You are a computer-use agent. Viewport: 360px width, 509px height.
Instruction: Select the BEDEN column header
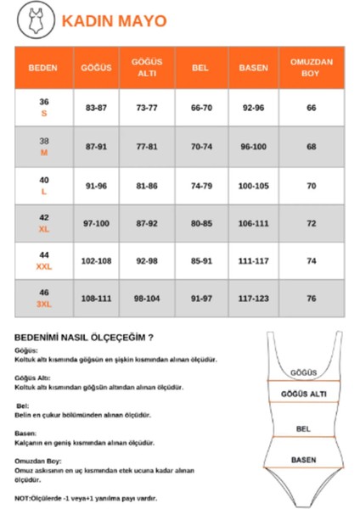coord(43,67)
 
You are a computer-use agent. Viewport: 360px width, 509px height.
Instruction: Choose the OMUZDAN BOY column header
coord(311,67)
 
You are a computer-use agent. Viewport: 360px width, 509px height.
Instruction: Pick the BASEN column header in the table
coord(253,67)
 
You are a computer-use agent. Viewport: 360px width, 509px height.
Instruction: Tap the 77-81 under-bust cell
coord(146,147)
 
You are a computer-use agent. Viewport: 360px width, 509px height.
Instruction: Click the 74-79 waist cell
coord(201,186)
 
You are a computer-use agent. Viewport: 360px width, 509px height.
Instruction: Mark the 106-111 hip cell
coord(253,224)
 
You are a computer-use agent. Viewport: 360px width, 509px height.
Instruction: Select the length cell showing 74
coord(311,262)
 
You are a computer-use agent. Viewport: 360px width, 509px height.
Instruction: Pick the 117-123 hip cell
coord(253,299)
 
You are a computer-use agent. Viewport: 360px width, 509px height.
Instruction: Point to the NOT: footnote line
coord(86,498)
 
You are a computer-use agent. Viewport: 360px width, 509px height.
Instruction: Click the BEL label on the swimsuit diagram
coord(303,428)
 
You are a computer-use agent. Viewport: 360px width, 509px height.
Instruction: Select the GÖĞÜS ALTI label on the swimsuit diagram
coord(303,394)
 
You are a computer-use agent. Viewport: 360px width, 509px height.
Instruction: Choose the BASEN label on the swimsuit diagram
coord(303,459)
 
